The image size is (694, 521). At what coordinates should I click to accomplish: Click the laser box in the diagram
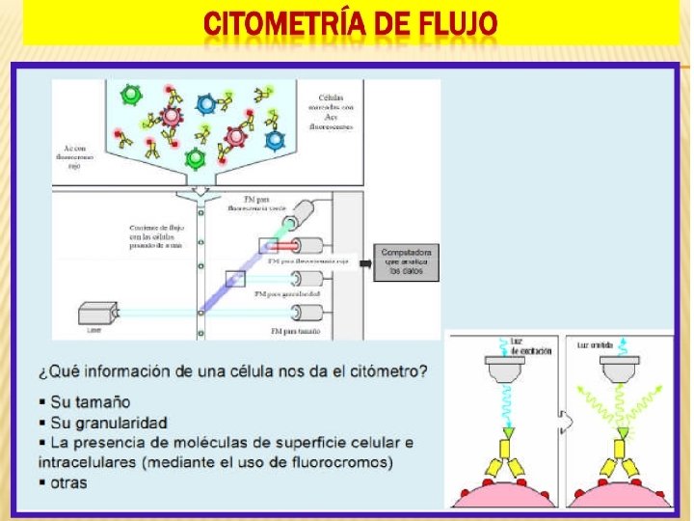(97, 313)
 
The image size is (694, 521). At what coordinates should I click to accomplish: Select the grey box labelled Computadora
(406, 262)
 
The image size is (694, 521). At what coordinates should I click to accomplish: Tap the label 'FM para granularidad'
(286, 292)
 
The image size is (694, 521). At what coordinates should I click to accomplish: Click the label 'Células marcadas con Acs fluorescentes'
(333, 112)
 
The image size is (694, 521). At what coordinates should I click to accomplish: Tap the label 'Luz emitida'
(595, 344)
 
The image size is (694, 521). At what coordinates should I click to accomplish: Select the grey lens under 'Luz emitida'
(620, 368)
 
